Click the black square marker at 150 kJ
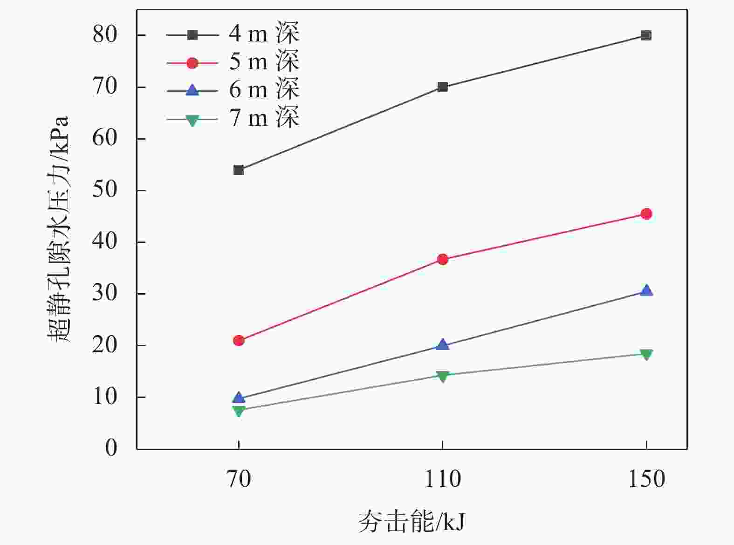[646, 35]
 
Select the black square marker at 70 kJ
[239, 170]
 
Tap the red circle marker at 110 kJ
[442, 259]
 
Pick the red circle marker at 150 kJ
[646, 214]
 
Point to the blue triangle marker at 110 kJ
[442, 345]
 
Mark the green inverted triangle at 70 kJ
[239, 410]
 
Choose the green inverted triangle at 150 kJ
[646, 354]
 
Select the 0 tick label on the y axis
[111, 448]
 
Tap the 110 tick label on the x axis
[442, 479]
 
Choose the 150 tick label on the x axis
[646, 479]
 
